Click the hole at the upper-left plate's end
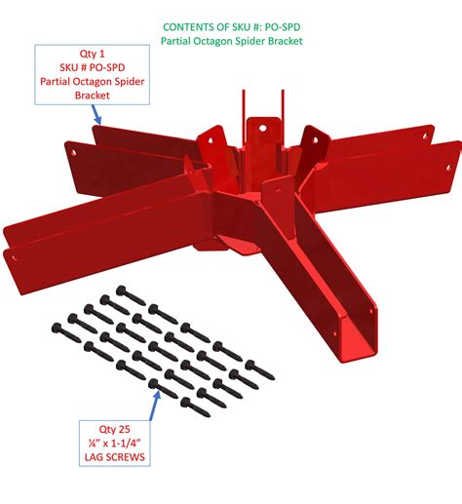coord(71,151)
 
